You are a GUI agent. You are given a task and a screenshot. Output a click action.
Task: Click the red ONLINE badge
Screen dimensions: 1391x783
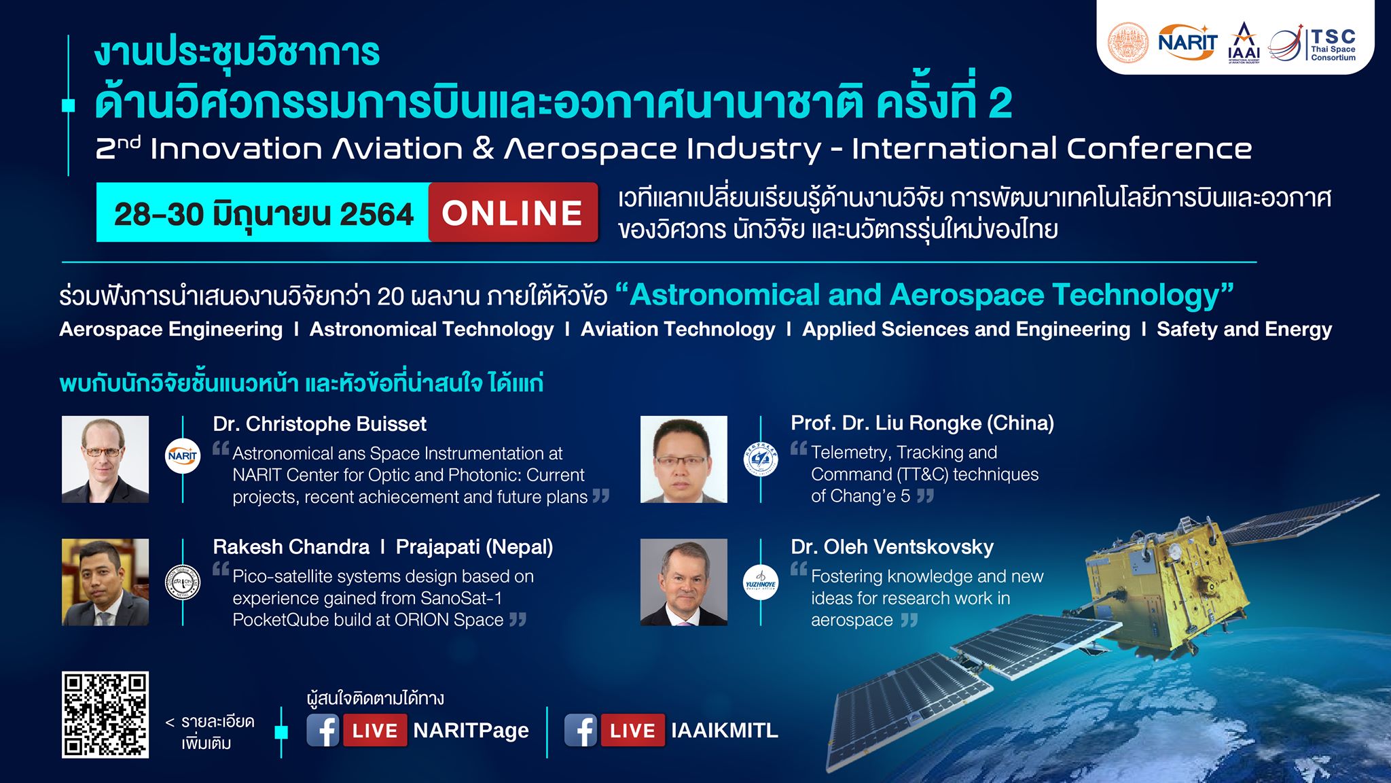coord(513,213)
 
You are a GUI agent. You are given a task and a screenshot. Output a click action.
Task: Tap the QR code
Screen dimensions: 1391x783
coord(105,714)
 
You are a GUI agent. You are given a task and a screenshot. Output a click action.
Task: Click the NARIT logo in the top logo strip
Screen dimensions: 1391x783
coord(1187,42)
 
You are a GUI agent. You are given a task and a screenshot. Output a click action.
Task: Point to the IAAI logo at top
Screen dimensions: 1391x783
coord(1244,43)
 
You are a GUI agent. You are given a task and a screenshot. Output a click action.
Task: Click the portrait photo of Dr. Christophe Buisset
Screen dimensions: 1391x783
coord(105,459)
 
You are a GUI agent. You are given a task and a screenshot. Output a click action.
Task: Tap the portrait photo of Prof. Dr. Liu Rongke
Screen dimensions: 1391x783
coord(683,459)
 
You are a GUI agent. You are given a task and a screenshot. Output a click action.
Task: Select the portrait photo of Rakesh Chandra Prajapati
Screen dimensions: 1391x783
coord(105,582)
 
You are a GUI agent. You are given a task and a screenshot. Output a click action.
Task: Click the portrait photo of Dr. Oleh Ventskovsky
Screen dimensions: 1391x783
coord(683,582)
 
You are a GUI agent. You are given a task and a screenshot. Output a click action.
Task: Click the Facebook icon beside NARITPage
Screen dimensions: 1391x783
coord(323,731)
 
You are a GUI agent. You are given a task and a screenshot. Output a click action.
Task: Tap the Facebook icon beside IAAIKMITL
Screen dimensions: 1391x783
coord(581,731)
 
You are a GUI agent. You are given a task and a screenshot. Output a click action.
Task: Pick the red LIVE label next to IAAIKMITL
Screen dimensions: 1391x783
coord(632,731)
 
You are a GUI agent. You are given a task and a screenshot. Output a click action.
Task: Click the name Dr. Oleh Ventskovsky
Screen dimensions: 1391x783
coord(892,546)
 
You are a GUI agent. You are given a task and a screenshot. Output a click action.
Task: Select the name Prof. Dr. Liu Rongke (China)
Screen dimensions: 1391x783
coord(922,423)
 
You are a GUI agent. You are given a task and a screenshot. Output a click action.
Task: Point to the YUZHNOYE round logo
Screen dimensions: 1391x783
coord(761,582)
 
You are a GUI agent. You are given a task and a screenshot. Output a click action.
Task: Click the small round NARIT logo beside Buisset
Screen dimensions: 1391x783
coord(183,456)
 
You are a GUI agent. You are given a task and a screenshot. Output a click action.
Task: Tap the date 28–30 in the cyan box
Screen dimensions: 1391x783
coord(159,213)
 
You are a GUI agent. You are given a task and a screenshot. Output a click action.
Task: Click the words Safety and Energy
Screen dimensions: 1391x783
coord(1244,330)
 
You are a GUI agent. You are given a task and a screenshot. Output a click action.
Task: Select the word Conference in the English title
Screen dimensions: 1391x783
coord(1159,149)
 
